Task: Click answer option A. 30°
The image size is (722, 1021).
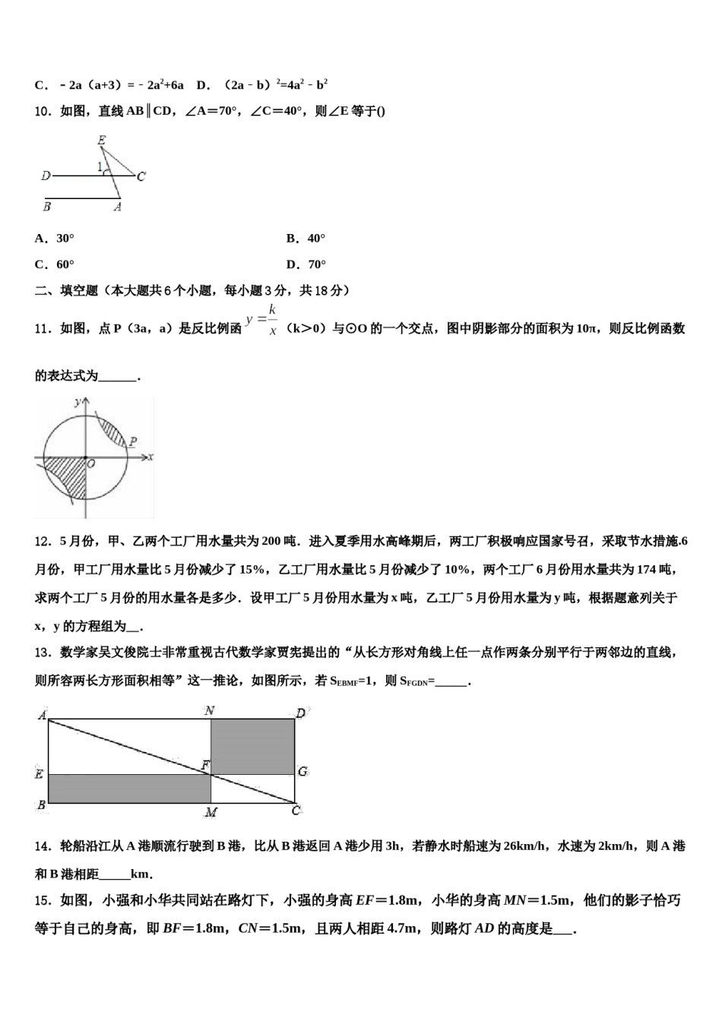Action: pyautogui.click(x=55, y=239)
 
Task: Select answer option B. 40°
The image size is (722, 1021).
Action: pyautogui.click(x=306, y=239)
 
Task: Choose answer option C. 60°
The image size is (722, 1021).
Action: pyautogui.click(x=55, y=264)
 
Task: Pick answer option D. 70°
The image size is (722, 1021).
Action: pyautogui.click(x=306, y=264)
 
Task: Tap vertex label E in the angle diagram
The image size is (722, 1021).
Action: pyautogui.click(x=101, y=141)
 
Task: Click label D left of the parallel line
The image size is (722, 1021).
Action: pyautogui.click(x=46, y=176)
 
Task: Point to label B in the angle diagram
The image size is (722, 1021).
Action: pyautogui.click(x=47, y=206)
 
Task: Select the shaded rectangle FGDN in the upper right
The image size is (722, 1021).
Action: pyautogui.click(x=252, y=747)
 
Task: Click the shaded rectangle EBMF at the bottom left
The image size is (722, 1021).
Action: pyautogui.click(x=129, y=789)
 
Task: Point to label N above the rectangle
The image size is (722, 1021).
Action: pyautogui.click(x=209, y=711)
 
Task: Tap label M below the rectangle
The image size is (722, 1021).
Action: pyautogui.click(x=211, y=812)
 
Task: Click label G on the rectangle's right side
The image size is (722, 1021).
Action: pyautogui.click(x=302, y=772)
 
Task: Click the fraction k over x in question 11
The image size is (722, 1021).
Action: pyautogui.click(x=271, y=321)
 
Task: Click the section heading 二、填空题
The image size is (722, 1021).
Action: pyautogui.click(x=67, y=290)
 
